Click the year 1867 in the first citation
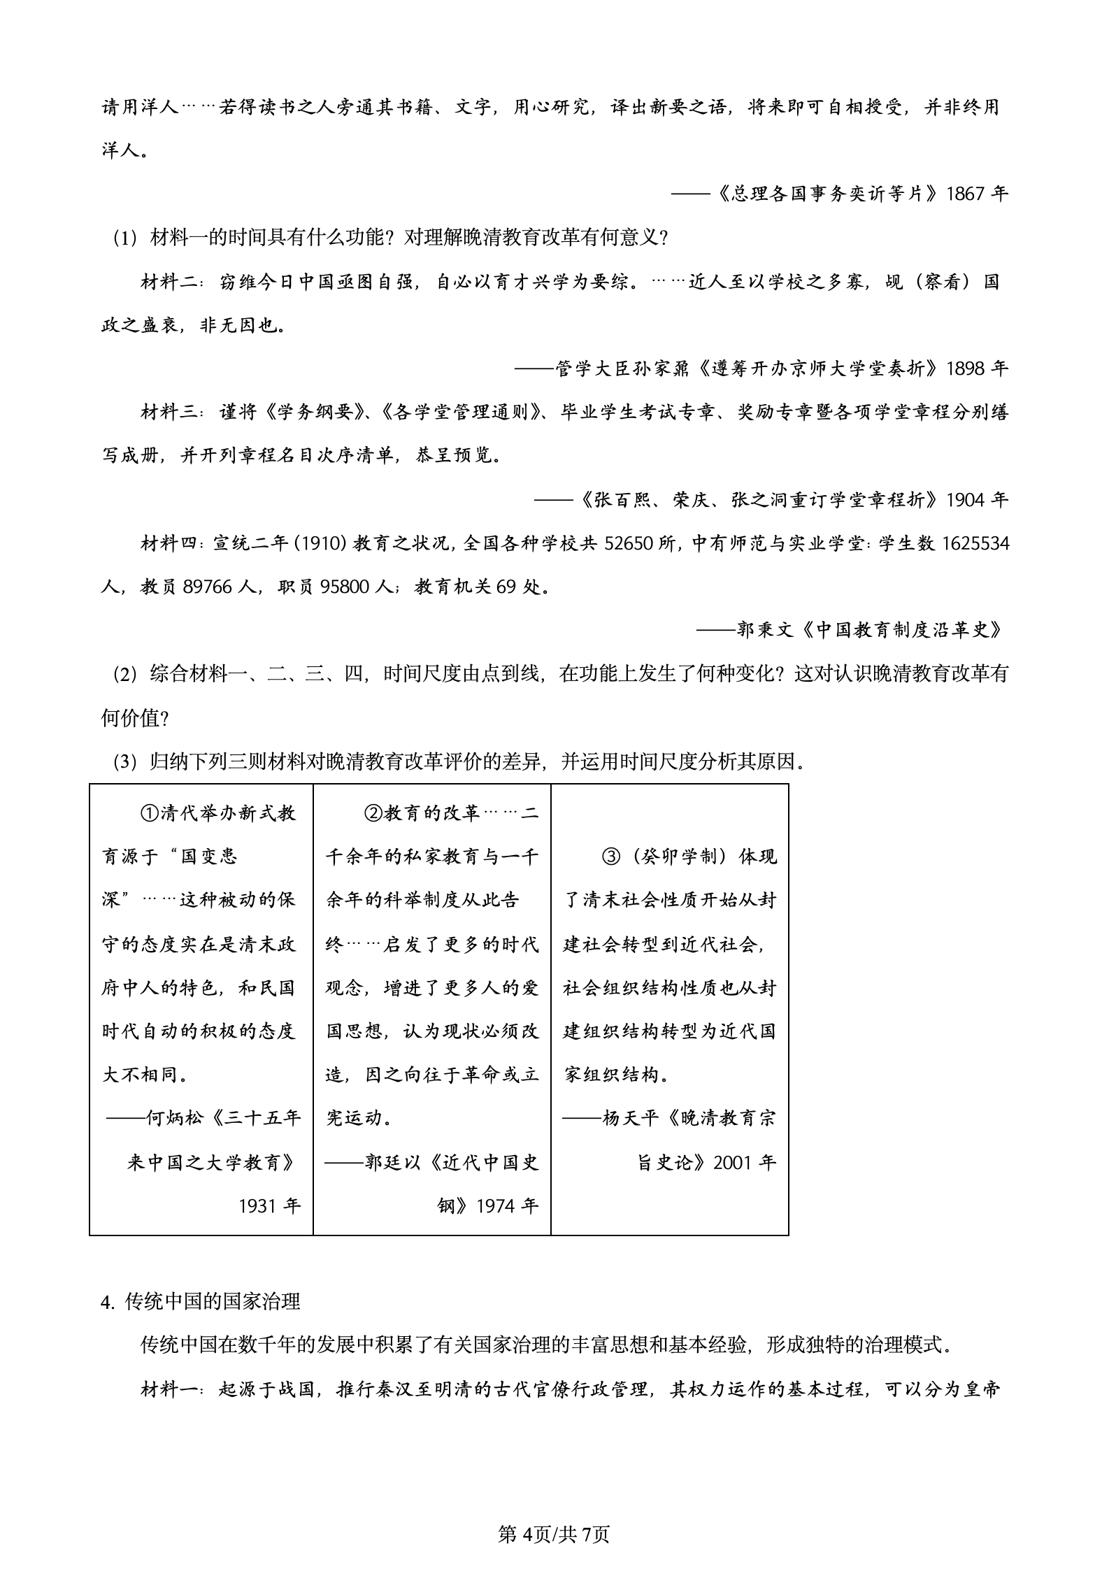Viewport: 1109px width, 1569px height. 967,194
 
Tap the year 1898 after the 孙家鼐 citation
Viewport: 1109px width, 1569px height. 967,368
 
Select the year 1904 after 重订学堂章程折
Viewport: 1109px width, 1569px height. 967,500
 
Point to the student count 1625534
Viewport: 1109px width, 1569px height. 975,543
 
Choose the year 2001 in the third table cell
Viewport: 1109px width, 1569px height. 735,1162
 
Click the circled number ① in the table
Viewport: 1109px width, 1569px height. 148,813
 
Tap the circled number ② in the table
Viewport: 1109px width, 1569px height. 373,813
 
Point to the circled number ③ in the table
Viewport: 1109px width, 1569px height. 611,857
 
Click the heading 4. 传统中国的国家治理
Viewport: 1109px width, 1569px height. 201,1301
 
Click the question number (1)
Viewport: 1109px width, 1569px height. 127,238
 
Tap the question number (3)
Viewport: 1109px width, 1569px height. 127,761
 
